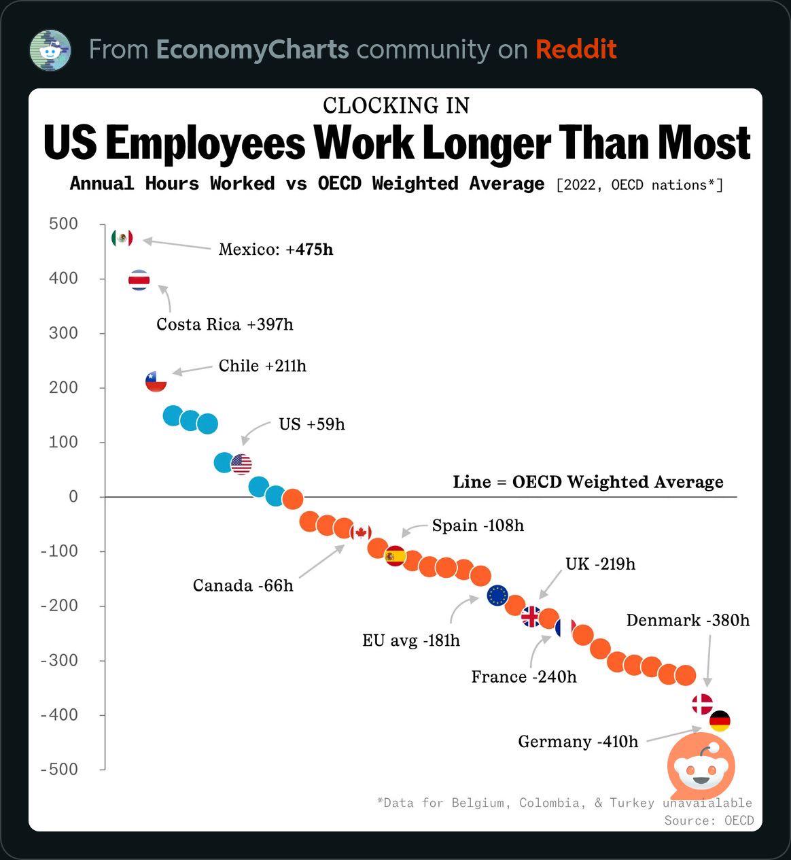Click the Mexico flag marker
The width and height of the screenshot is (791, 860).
(x=122, y=238)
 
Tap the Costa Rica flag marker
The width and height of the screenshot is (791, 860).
(x=139, y=280)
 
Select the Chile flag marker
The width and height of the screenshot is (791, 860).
(x=156, y=382)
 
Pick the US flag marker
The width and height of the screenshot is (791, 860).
(x=241, y=464)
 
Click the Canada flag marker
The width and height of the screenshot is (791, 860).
(x=361, y=532)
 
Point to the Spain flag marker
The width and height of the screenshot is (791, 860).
(x=395, y=556)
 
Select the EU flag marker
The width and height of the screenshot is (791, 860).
(x=497, y=596)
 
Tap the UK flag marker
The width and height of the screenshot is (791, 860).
(x=531, y=617)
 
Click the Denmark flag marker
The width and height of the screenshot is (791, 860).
(x=702, y=704)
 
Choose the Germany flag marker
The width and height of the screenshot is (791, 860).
(x=720, y=721)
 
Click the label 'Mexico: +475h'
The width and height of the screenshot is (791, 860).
(x=276, y=250)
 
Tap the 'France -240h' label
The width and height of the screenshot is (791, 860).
(x=524, y=677)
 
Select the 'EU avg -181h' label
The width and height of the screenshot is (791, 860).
(x=411, y=640)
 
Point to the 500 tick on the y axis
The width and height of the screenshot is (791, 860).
(x=63, y=224)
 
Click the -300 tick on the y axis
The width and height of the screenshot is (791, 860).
(x=60, y=660)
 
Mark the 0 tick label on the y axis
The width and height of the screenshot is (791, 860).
(x=73, y=497)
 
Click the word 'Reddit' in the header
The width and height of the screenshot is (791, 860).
(x=576, y=50)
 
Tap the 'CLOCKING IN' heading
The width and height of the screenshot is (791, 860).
(x=396, y=105)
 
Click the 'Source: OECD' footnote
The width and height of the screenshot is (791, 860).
(x=709, y=821)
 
